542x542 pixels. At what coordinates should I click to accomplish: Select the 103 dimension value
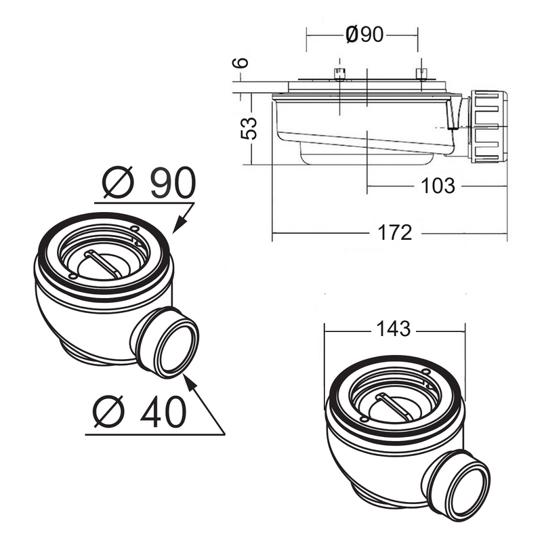(x=436, y=186)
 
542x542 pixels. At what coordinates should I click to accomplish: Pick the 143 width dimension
(x=393, y=329)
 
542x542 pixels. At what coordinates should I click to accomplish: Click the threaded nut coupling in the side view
(x=488, y=127)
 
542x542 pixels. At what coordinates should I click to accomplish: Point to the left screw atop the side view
(x=339, y=75)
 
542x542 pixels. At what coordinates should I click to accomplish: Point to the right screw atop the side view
(x=421, y=75)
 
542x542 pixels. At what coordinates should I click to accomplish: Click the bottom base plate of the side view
(x=366, y=159)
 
